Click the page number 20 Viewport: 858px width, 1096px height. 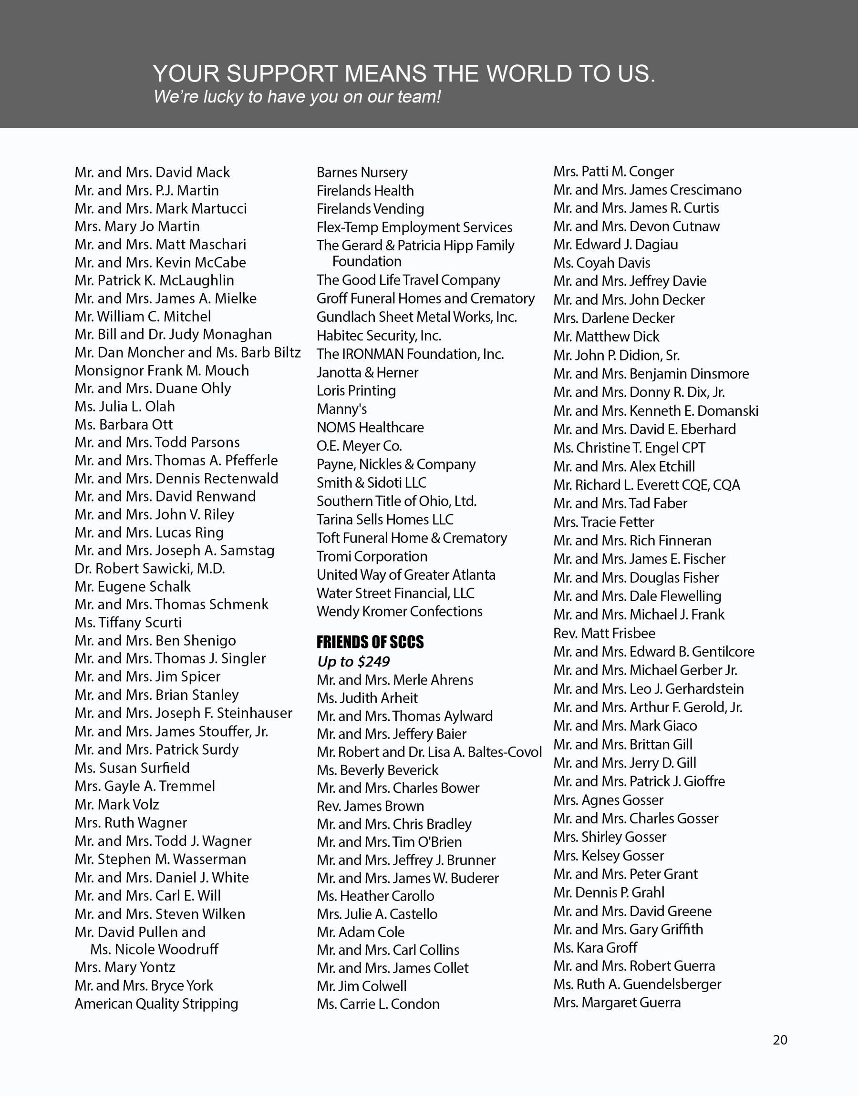click(780, 1039)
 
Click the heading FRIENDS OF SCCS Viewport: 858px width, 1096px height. click(370, 642)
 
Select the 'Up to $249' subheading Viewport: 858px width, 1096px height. click(353, 662)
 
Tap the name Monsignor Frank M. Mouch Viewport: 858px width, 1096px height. click(162, 370)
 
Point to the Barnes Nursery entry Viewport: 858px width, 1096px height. click(362, 172)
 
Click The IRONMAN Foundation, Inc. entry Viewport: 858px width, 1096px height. click(410, 354)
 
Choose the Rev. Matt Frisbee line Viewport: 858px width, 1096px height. click(604, 633)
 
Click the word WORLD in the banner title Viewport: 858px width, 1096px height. click(539, 73)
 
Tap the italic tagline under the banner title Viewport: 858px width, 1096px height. click(297, 96)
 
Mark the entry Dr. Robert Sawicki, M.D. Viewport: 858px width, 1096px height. click(150, 568)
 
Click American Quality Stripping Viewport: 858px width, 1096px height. click(156, 1004)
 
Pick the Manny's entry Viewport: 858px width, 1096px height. click(341, 409)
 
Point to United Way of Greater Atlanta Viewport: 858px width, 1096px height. click(406, 575)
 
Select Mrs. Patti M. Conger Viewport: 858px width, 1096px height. click(613, 171)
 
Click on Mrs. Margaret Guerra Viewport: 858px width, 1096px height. click(617, 1003)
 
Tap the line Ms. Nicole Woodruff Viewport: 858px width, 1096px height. click(154, 949)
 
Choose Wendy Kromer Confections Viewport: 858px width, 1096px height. click(399, 612)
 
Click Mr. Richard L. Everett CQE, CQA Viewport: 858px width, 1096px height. click(647, 485)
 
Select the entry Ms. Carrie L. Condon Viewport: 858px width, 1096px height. click(378, 1004)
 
